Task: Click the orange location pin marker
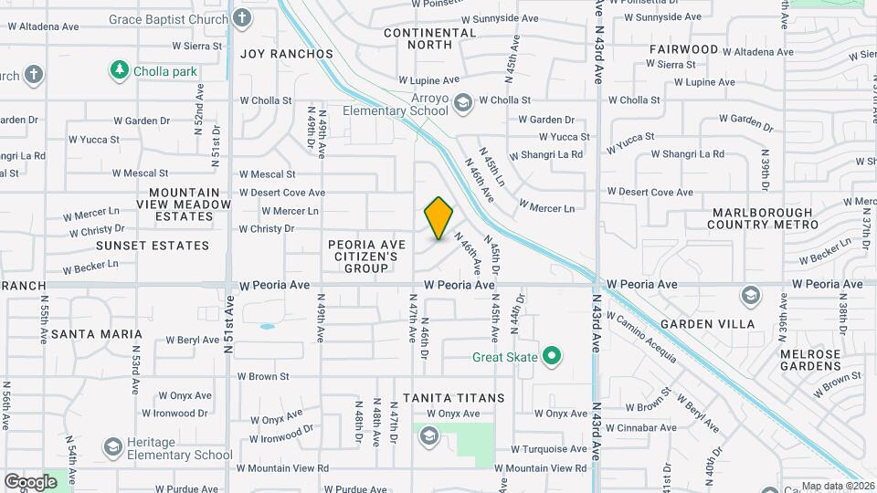pyautogui.click(x=438, y=218)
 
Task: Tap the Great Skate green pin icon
pyautogui.click(x=551, y=356)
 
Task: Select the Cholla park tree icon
pyautogui.click(x=118, y=69)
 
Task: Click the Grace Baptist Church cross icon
pyautogui.click(x=241, y=18)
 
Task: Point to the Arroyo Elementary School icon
pyautogui.click(x=462, y=101)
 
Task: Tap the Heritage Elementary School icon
pyautogui.click(x=112, y=446)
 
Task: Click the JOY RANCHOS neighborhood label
pyautogui.click(x=287, y=54)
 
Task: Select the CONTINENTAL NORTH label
pyautogui.click(x=430, y=38)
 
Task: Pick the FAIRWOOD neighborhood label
pyautogui.click(x=684, y=48)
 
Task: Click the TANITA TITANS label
pyautogui.click(x=454, y=398)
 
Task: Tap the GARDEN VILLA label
pyautogui.click(x=708, y=324)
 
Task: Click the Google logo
pyautogui.click(x=30, y=481)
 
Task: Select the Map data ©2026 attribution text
pyautogui.click(x=837, y=487)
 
